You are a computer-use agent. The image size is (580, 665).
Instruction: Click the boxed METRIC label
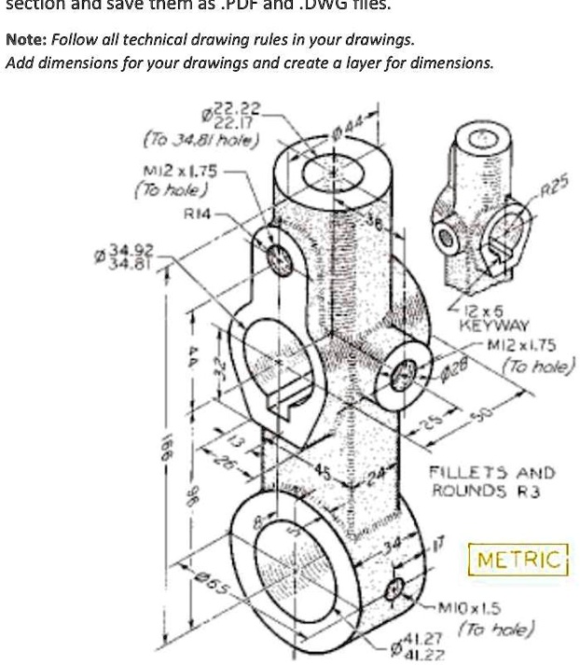pos(520,560)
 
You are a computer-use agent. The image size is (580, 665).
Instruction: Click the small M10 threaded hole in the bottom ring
pos(395,589)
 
